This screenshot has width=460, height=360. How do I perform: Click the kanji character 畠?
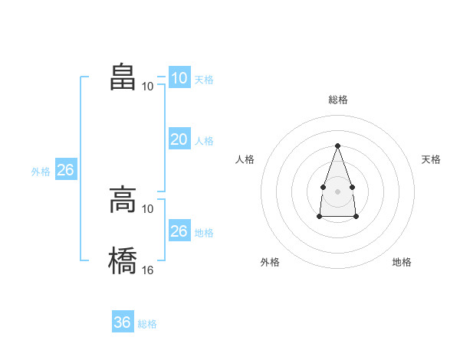123,77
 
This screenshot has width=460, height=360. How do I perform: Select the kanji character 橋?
123,260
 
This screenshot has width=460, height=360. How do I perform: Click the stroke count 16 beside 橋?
148,270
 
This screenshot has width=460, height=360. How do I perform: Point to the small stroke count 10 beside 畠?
148,86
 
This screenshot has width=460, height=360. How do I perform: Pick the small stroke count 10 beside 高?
148,208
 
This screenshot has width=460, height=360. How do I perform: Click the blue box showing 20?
179,139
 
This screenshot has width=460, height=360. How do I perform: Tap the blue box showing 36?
122,322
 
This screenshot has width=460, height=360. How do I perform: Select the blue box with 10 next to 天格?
179,78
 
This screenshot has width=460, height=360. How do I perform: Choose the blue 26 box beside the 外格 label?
65,170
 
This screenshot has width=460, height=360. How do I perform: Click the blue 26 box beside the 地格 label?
179,231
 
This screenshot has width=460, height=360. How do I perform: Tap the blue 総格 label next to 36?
147,324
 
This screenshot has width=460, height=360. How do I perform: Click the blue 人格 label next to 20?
204,141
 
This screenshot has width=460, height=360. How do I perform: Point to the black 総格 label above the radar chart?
337,100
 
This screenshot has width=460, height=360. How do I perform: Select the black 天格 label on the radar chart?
432,159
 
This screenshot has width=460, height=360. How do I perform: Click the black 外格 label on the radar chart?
270,262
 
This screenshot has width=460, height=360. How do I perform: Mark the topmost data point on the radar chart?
337,146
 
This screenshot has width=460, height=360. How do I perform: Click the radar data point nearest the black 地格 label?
356,217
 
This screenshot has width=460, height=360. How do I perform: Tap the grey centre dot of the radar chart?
337,190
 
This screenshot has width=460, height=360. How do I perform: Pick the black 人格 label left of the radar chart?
245,159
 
